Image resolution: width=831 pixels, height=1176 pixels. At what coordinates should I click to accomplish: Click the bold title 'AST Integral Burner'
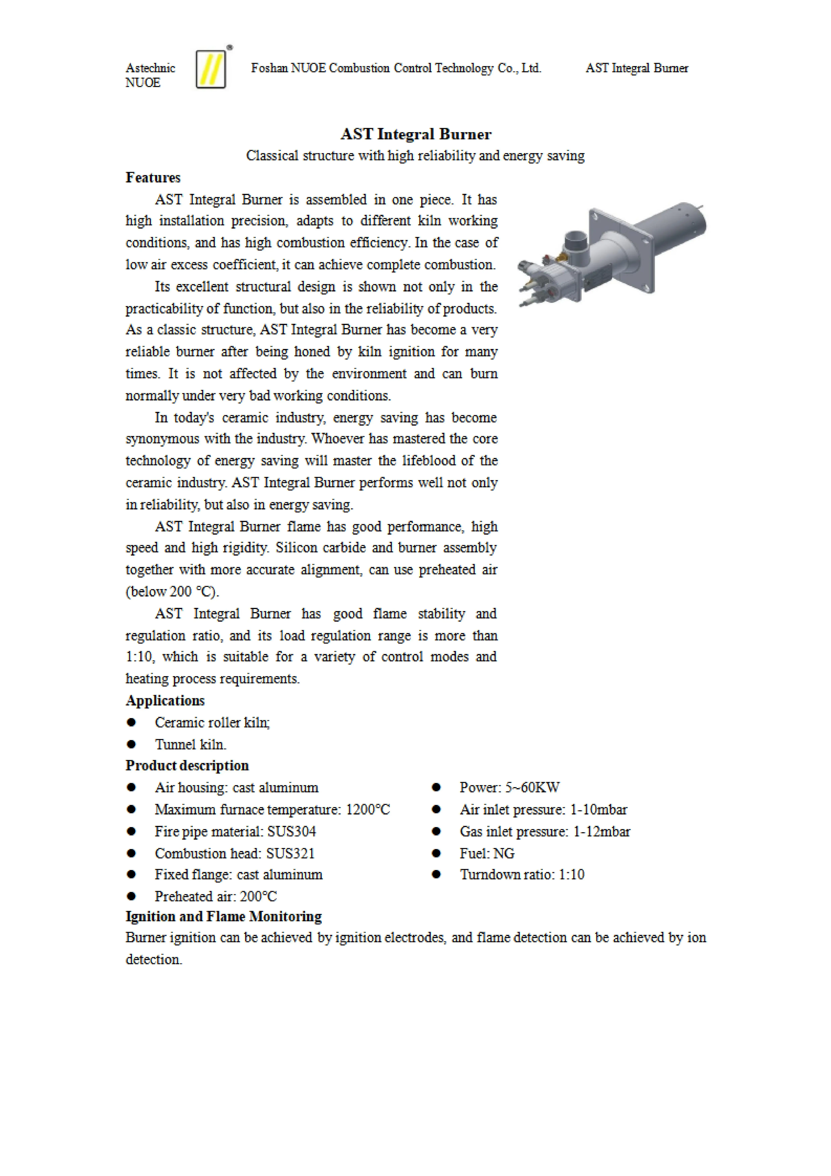pos(416,134)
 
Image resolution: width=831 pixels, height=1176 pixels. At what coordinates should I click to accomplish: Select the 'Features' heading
pos(153,178)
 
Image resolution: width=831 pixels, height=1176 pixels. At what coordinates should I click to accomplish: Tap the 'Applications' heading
pos(165,701)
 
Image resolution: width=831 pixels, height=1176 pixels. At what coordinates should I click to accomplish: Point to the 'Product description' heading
pos(187,766)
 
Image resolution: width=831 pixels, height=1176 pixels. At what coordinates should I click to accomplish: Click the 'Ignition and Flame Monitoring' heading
pos(224,916)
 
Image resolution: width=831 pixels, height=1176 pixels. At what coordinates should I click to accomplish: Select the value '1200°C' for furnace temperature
pos(368,810)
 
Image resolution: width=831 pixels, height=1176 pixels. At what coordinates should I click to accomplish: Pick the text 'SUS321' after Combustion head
pos(290,853)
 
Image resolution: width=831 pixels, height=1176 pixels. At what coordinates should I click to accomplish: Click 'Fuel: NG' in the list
pos(487,853)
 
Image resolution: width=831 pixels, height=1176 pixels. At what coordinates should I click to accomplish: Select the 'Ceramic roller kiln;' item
pos(212,723)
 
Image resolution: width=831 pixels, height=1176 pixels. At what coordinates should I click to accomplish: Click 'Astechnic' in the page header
pos(150,68)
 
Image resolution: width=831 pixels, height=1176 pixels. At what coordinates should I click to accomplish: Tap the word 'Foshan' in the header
pos(269,68)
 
